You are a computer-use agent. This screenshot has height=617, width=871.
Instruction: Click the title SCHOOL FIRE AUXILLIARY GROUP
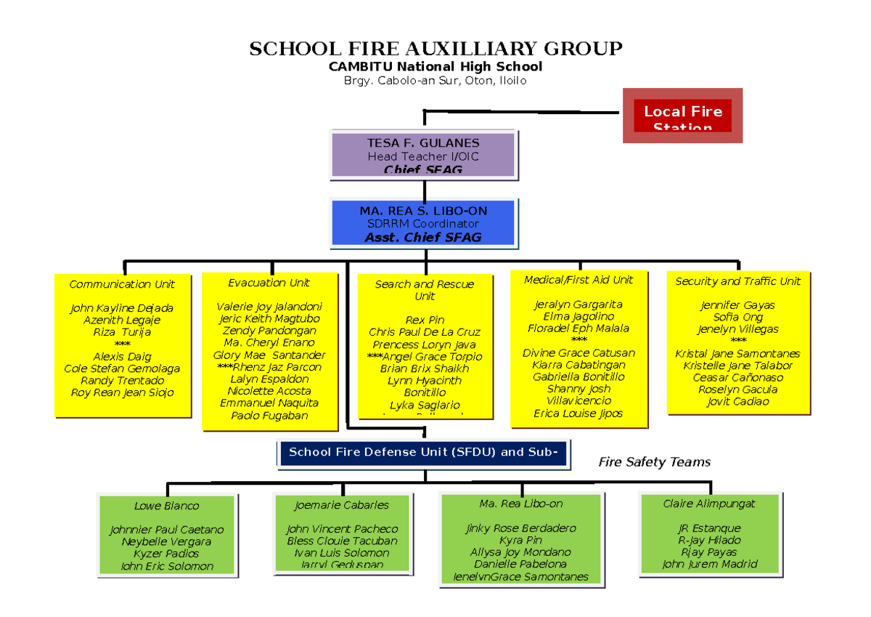435,49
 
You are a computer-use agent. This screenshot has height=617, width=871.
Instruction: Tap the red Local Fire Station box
683,116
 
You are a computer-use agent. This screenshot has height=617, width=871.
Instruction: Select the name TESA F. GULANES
423,143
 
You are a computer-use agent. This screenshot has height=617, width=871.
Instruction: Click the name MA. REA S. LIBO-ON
423,211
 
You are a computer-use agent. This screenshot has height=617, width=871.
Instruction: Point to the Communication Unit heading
122,284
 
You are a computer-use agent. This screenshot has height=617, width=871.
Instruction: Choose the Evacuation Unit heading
269,283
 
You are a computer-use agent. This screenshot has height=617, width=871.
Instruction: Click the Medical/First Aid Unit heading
578,280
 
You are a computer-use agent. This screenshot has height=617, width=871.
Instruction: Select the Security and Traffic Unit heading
737,281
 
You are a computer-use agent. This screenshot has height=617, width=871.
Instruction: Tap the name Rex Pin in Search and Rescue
425,320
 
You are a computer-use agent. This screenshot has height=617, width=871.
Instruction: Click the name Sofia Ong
737,317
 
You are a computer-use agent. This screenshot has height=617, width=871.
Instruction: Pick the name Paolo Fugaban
269,416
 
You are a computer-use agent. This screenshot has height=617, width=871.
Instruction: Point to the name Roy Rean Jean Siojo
122,392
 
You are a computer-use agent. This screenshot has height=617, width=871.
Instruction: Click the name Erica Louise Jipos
578,414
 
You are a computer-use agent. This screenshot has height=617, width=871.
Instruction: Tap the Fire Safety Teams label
654,462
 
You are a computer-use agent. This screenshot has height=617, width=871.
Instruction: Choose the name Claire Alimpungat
709,504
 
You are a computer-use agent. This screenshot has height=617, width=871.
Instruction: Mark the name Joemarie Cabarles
342,505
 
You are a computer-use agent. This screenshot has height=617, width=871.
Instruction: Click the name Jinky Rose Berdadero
520,528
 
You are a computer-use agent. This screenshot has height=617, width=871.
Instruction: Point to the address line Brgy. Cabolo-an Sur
435,81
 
